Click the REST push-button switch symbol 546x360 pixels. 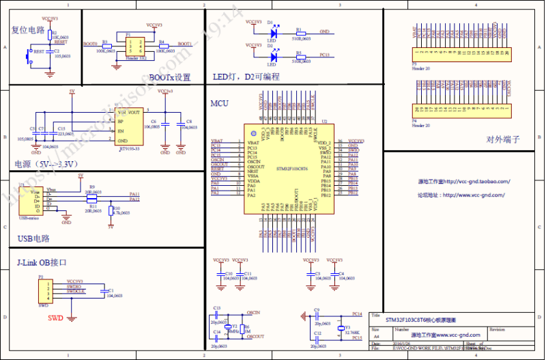click(29, 55)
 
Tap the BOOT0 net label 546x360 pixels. click(90, 43)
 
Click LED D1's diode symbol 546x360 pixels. click(274, 31)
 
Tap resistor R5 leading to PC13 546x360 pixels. click(300, 56)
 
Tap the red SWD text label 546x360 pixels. click(58, 318)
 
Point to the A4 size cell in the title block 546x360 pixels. click(375, 336)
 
